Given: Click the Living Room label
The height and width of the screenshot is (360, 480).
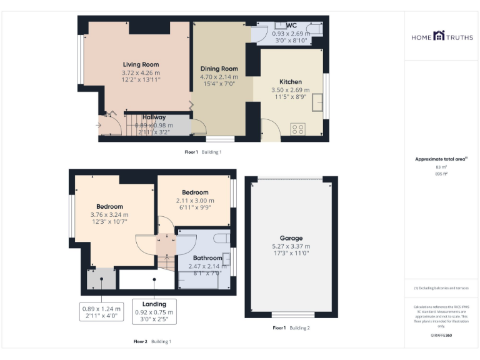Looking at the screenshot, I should pos(141,64).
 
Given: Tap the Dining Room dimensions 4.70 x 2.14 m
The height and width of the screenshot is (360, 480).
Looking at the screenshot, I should pos(219,77).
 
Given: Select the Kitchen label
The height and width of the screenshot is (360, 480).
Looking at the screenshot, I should pos(291,82).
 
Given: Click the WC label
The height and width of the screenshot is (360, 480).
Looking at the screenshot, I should pos(291,26).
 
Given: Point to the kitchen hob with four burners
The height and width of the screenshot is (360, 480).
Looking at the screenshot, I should pos(298,129).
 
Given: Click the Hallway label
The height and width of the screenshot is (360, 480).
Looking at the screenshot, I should pos(154,117).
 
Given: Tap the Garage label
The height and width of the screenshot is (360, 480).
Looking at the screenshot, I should pos(291,238).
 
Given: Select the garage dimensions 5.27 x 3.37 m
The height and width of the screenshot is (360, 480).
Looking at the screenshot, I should pos(291,246).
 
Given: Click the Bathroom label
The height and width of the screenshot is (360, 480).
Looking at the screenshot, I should pos(207,258).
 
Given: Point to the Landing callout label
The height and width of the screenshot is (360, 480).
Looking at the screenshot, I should pos(154,304).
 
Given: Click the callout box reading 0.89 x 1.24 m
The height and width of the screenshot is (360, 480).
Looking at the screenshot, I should pos(101,312).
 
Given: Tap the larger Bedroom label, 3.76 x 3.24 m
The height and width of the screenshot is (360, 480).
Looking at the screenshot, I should pos(109,206).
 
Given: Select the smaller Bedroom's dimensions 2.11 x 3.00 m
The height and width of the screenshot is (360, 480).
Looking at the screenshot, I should pos(195,201).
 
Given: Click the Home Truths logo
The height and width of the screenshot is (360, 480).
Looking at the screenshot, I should pos(442,37).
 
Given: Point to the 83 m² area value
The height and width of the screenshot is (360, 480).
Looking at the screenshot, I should pos(441,167).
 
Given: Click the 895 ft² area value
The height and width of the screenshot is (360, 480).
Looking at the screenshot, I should pos(441,174).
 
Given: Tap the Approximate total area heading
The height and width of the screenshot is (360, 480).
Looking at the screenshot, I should pos(441,159).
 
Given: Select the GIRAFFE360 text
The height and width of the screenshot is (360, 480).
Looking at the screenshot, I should pos(441,336).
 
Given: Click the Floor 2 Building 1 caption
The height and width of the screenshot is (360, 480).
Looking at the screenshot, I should pos(151,342).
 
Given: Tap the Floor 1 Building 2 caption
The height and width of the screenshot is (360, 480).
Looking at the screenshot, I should pos(291,328).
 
